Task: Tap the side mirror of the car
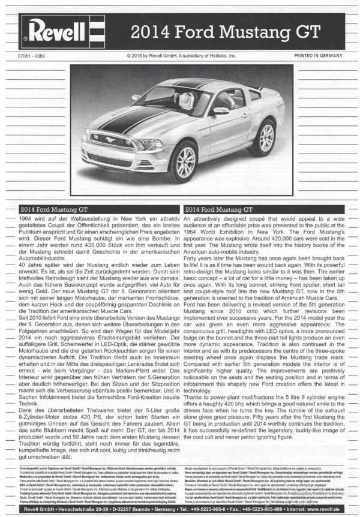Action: (221, 111)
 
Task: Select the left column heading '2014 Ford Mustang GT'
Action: (54, 210)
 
